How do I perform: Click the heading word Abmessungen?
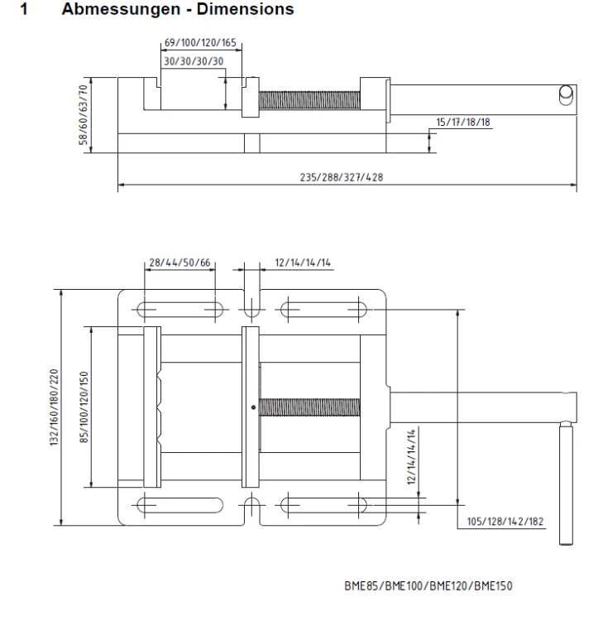pos(121,9)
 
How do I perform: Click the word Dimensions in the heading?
pos(246,9)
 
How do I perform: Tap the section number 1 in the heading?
pos(24,9)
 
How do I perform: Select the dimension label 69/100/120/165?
pos(200,43)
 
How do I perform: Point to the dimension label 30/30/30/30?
pos(194,61)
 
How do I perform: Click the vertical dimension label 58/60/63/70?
pos(83,115)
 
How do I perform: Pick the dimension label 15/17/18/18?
pos(463,122)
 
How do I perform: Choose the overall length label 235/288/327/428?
pos(342,177)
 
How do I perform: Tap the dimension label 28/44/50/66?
pos(179,262)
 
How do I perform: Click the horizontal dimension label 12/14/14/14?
pos(303,262)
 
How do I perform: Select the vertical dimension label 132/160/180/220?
pos(55,407)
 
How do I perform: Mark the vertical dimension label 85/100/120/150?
pos(84,407)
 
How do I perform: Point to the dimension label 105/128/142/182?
pos(505,521)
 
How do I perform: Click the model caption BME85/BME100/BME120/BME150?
pos(428,585)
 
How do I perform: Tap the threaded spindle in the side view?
pos(309,100)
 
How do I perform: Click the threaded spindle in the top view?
pos(309,407)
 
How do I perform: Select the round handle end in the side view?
pos(567,95)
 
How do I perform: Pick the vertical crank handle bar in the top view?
pos(567,484)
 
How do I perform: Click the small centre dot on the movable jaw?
pos(254,407)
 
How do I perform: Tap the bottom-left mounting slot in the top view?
pos(180,505)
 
